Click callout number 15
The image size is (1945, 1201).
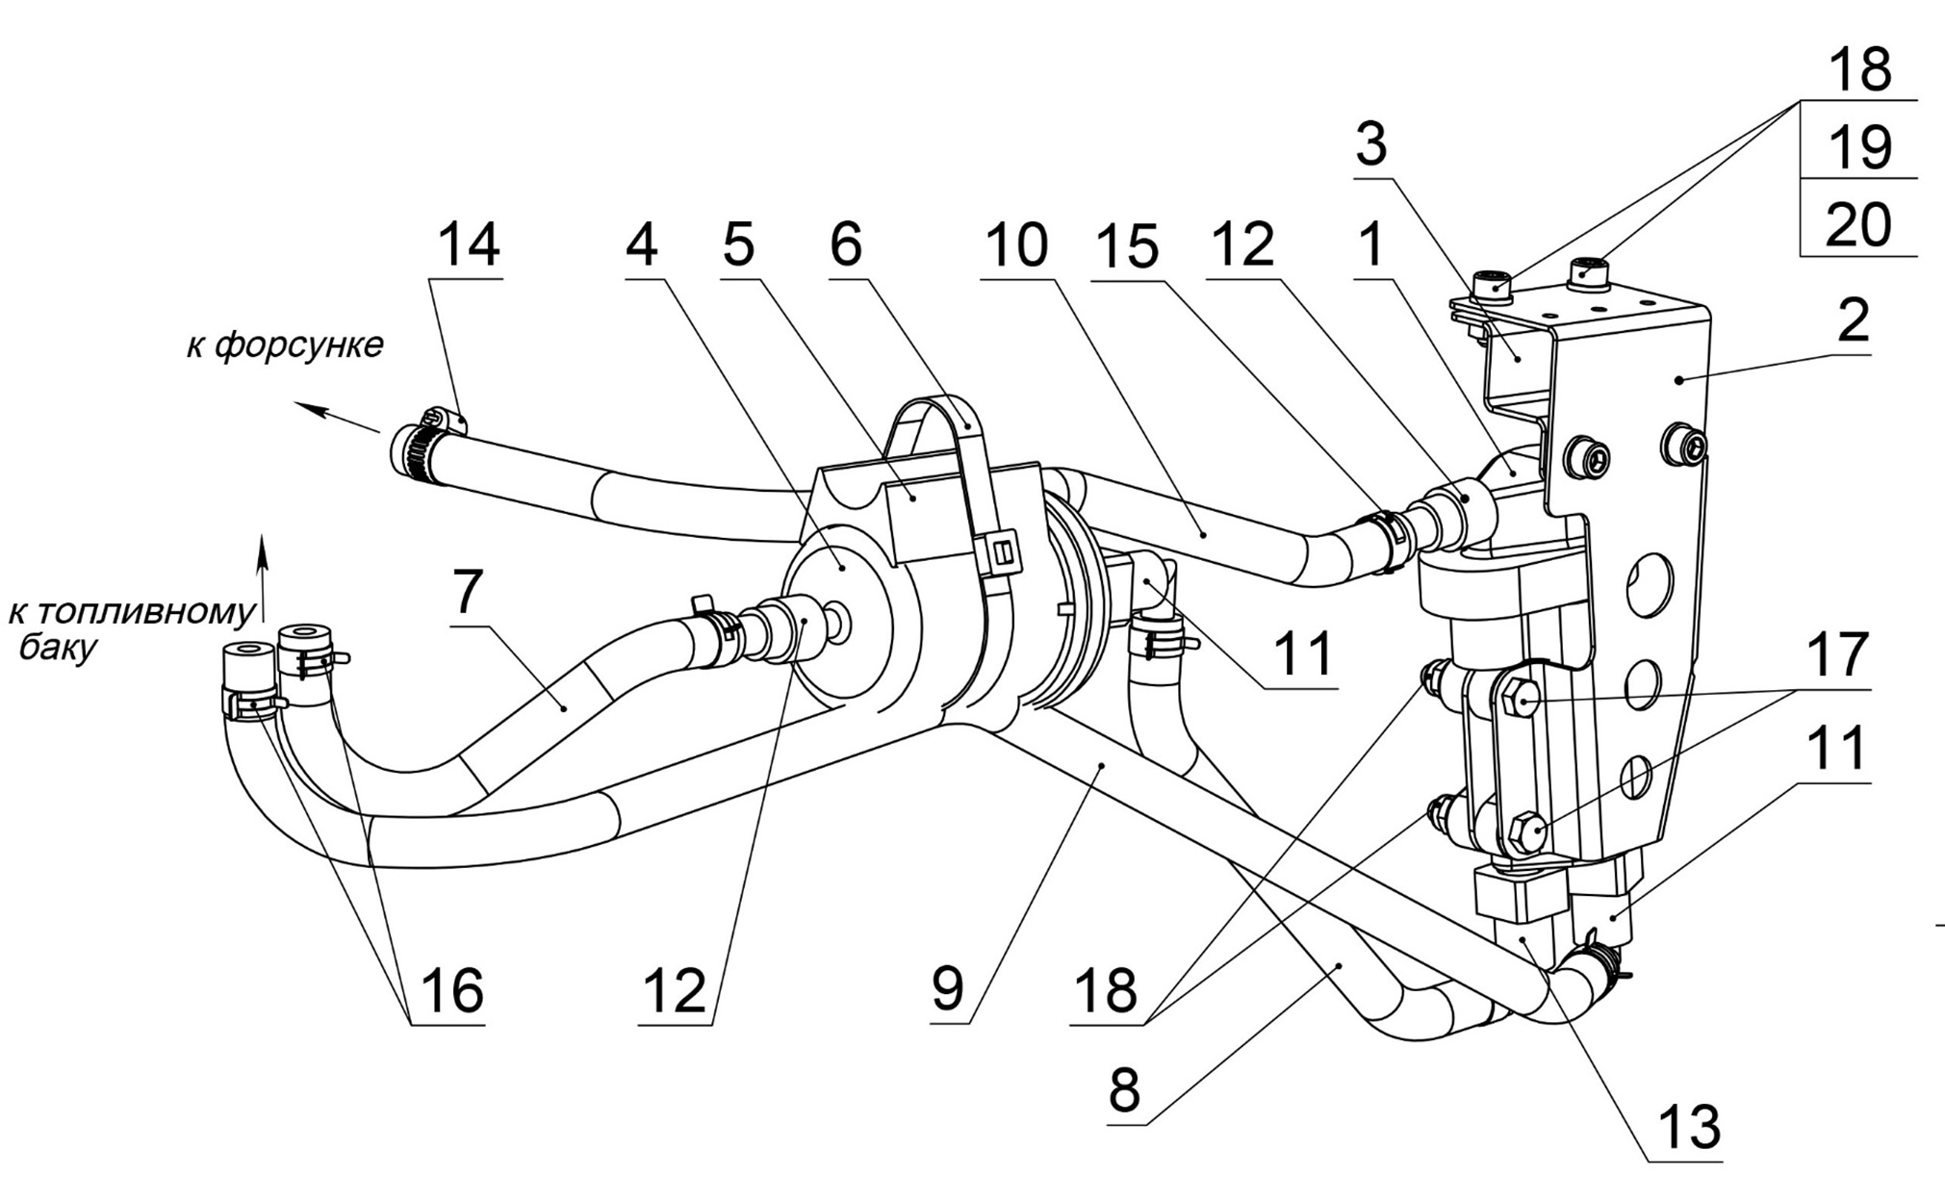[1130, 246]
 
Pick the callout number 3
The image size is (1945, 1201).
[1370, 144]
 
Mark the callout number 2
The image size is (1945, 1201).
[1853, 319]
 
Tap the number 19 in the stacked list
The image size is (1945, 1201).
[1859, 147]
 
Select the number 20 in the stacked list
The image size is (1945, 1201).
[1859, 224]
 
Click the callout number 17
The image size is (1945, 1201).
[1836, 654]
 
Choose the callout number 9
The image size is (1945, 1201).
[948, 987]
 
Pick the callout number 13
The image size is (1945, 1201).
[1690, 1126]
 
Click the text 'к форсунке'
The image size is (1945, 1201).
[285, 344]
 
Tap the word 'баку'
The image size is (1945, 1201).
[58, 647]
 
